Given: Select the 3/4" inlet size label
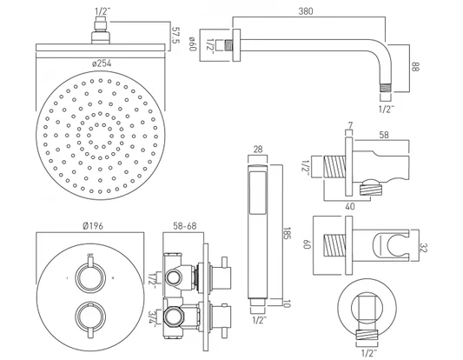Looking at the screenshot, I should (153, 317).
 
